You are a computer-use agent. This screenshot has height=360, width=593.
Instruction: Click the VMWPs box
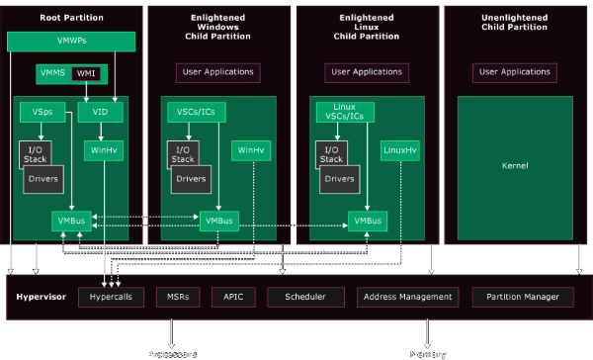[70, 42]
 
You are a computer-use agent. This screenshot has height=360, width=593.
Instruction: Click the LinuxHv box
[399, 150]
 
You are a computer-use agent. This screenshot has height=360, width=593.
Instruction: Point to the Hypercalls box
[111, 297]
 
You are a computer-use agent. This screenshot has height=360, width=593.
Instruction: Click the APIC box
[232, 297]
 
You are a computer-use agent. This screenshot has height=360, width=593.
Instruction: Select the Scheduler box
[304, 297]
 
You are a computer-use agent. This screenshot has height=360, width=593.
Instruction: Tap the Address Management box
[407, 297]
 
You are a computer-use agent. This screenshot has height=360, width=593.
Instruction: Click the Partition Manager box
[522, 297]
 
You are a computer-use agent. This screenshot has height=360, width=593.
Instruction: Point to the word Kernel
[515, 166]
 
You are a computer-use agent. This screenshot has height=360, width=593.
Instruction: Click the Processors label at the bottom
[172, 353]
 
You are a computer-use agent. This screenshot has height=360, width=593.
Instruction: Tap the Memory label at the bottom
[428, 353]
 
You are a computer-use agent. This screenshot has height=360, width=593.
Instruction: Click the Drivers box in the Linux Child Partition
[339, 180]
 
